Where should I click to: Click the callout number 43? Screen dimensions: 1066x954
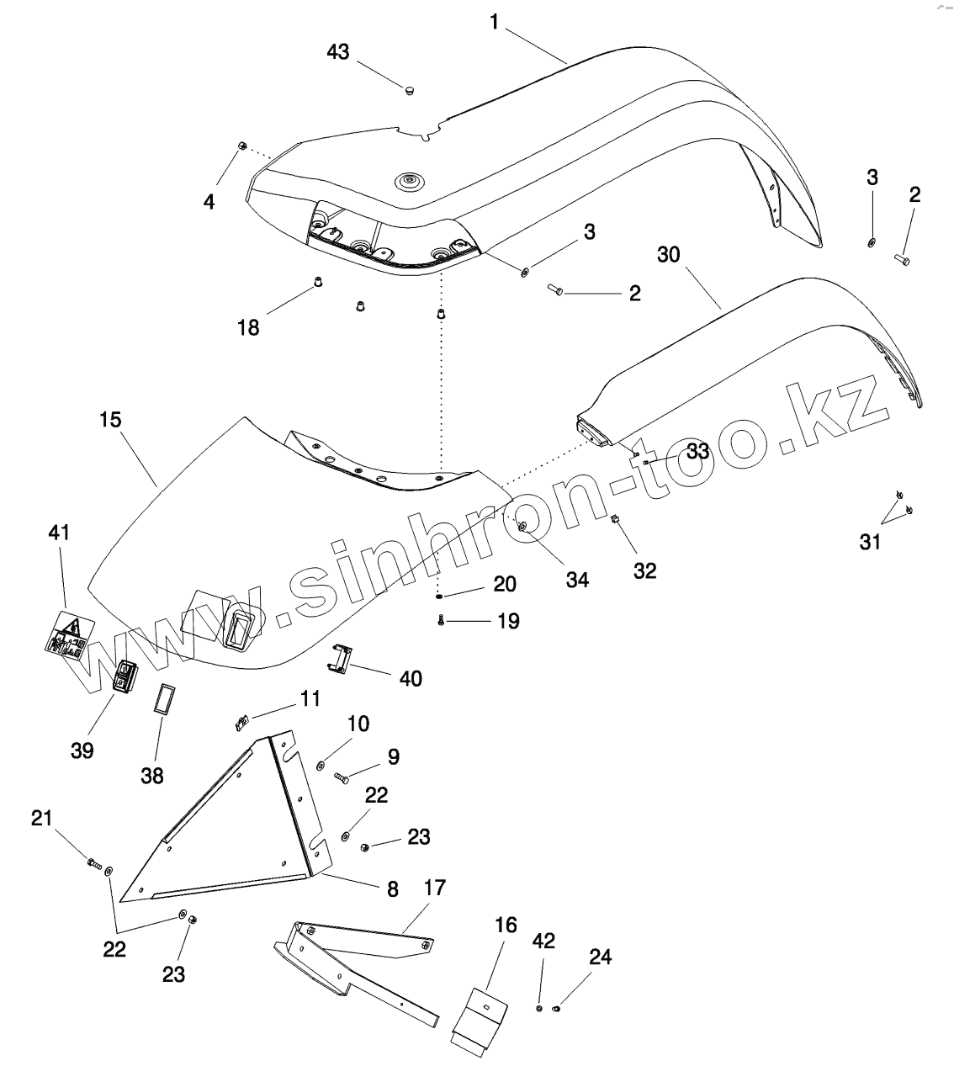(337, 51)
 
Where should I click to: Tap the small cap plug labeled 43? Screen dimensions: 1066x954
(410, 88)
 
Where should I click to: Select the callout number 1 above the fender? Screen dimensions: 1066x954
(495, 22)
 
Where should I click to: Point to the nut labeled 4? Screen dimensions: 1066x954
(241, 146)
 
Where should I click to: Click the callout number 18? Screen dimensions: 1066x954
(248, 327)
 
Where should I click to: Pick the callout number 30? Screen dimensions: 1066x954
(669, 254)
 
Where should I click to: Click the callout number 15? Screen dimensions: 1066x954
(110, 419)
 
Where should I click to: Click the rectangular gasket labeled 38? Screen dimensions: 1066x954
(162, 699)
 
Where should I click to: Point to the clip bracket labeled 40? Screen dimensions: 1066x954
(338, 658)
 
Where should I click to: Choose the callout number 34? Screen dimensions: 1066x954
(577, 579)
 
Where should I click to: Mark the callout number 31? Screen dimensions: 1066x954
(870, 542)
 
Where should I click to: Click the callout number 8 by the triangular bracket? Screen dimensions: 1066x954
(392, 889)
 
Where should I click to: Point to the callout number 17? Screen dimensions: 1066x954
(435, 888)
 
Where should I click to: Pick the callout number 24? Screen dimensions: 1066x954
(600, 957)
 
